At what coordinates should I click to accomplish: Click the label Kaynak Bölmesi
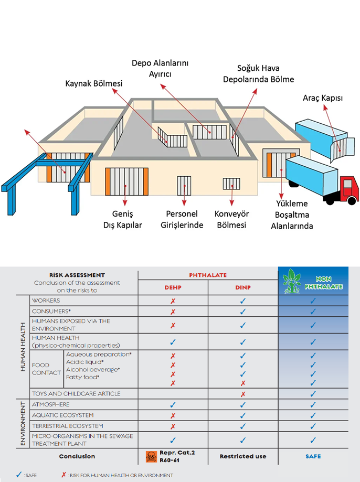coord(94,84)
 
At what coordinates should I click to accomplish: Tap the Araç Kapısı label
coord(323,98)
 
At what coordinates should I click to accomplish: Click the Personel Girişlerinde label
coord(181,220)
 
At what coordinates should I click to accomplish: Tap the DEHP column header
coord(173,287)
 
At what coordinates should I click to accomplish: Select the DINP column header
coord(242,287)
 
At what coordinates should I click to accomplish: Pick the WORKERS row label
coord(46,301)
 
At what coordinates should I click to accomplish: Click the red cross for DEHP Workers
coord(173,301)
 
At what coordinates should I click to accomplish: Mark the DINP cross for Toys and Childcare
coord(242,394)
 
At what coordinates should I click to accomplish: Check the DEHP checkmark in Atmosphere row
coord(173,405)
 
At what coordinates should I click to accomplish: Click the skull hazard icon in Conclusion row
coord(151,456)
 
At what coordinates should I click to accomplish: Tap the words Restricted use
coord(242,456)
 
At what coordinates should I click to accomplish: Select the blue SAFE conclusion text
coord(313,456)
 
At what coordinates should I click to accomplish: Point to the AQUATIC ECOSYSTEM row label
coord(63,415)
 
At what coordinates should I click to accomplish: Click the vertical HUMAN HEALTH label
coord(23,347)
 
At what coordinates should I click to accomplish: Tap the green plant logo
coord(293,281)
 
